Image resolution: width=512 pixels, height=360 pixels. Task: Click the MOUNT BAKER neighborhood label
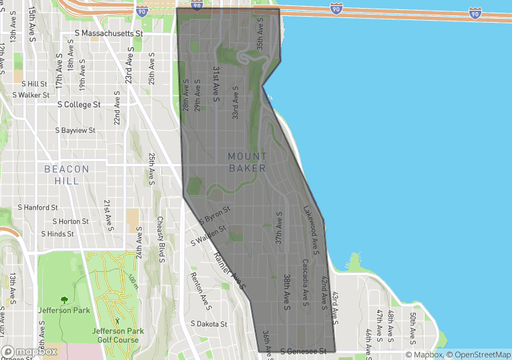coord(247,162)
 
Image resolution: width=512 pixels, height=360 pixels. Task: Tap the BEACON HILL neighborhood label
coord(67,175)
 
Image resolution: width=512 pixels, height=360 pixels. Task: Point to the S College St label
coord(79,105)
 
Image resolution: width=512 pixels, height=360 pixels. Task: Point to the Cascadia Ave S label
coord(305,279)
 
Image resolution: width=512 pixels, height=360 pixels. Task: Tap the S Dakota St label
coord(209,324)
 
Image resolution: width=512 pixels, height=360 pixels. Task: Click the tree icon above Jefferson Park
coord(64,300)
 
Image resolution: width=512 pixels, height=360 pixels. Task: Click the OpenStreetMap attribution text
coord(479,355)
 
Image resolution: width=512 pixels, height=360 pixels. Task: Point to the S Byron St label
coord(214,214)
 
